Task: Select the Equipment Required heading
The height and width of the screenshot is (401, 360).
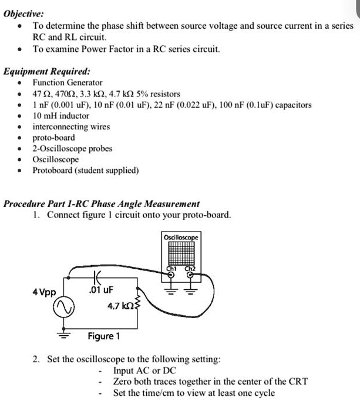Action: coord(47,71)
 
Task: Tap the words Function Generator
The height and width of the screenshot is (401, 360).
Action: coord(68,83)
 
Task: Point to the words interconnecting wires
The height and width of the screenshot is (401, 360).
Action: coord(71,126)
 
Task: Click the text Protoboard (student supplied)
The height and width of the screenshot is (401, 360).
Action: coord(86,171)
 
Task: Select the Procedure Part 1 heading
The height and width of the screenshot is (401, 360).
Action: coord(102,203)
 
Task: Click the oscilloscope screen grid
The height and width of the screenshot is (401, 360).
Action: coord(181,253)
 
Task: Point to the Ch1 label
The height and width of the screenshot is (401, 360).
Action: coord(171,270)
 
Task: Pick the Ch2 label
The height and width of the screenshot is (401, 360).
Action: coord(190,270)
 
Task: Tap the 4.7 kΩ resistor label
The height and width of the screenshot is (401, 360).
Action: coord(121,306)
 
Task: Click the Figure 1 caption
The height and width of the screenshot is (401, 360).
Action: coord(103,336)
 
